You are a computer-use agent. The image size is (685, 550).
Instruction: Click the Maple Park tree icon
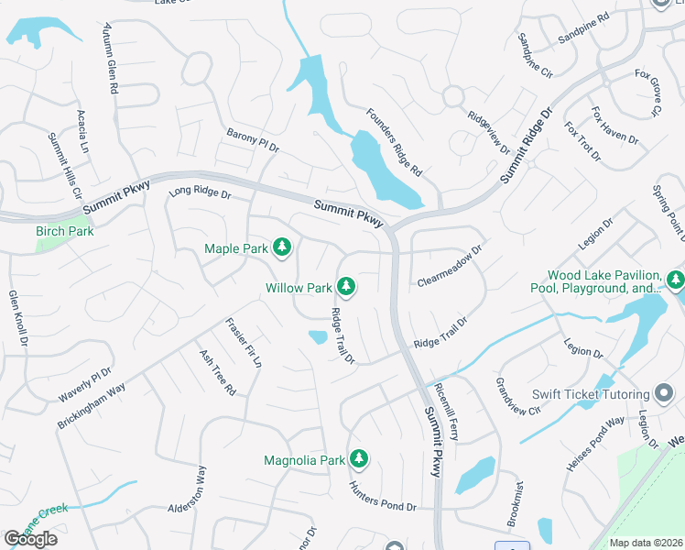click(283, 247)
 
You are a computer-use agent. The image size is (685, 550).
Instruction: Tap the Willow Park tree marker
click(346, 287)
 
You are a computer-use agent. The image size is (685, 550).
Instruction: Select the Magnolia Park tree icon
click(360, 458)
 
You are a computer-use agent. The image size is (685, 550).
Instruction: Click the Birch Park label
click(65, 231)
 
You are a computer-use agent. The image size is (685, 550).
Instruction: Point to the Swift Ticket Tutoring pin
click(665, 394)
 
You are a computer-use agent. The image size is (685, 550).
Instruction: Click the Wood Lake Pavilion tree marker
click(675, 280)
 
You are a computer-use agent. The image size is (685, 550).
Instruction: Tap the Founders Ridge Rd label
click(394, 142)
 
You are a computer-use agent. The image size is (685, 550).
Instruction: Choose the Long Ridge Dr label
click(200, 193)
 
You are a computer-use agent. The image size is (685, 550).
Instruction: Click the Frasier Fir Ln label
click(244, 343)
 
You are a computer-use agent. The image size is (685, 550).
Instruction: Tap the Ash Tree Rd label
click(218, 371)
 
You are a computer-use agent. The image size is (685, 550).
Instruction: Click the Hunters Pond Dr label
click(383, 495)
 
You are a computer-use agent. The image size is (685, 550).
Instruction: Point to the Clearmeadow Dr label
click(449, 264)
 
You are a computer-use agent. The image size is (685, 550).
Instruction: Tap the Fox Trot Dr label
click(582, 141)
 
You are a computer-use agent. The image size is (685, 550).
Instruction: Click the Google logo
click(30, 539)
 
